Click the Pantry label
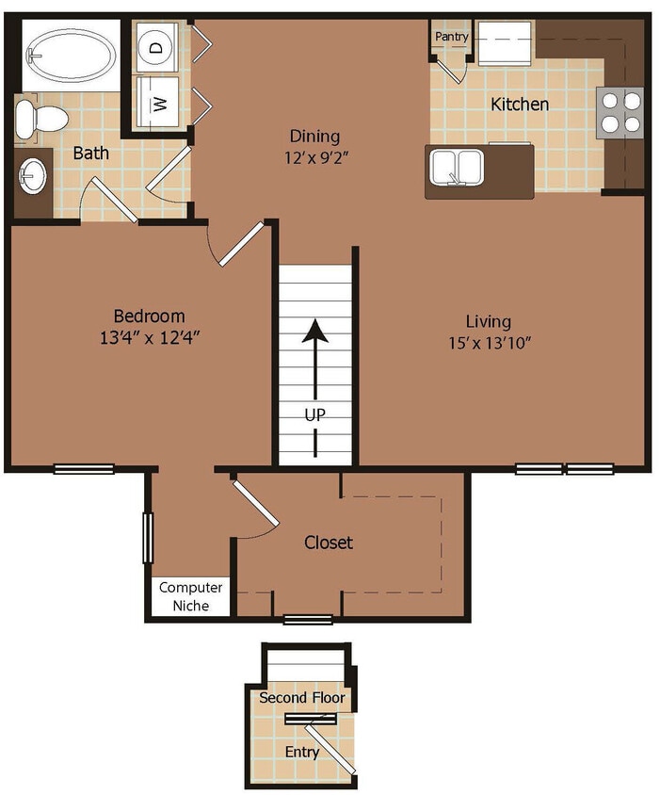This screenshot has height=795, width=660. (452, 36)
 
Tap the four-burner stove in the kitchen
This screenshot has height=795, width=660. (620, 111)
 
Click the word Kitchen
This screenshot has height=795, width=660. (520, 104)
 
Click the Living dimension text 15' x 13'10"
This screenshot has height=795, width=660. (490, 343)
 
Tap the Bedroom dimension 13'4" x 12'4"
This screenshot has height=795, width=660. (150, 337)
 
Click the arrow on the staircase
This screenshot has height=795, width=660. (314, 353)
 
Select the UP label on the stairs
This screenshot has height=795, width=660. (314, 414)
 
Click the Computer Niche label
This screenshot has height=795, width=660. (191, 596)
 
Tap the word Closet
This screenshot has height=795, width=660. (329, 543)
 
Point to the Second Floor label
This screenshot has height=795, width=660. (301, 699)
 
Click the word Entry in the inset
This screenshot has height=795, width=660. (302, 752)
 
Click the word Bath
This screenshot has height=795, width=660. (91, 153)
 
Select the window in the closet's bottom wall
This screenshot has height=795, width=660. (308, 619)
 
